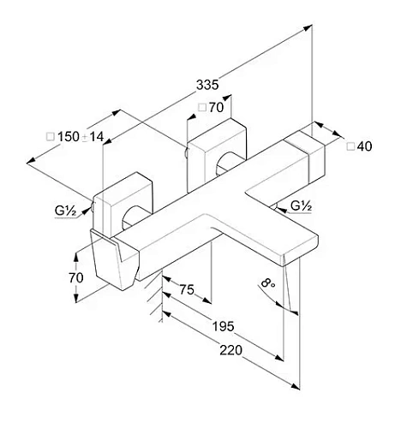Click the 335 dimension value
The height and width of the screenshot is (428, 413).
point(207,85)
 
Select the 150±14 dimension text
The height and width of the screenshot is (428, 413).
point(81,137)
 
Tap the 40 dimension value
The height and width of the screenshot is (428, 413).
point(364,146)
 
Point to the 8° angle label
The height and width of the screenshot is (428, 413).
point(267,283)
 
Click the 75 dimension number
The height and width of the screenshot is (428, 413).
point(187,289)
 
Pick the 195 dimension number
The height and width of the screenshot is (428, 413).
point(223,326)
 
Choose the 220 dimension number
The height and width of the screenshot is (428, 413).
point(230,350)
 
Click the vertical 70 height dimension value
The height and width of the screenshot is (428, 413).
point(76,277)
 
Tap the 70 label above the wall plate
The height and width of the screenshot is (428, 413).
point(216,108)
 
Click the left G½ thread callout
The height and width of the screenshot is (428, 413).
point(65,211)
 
